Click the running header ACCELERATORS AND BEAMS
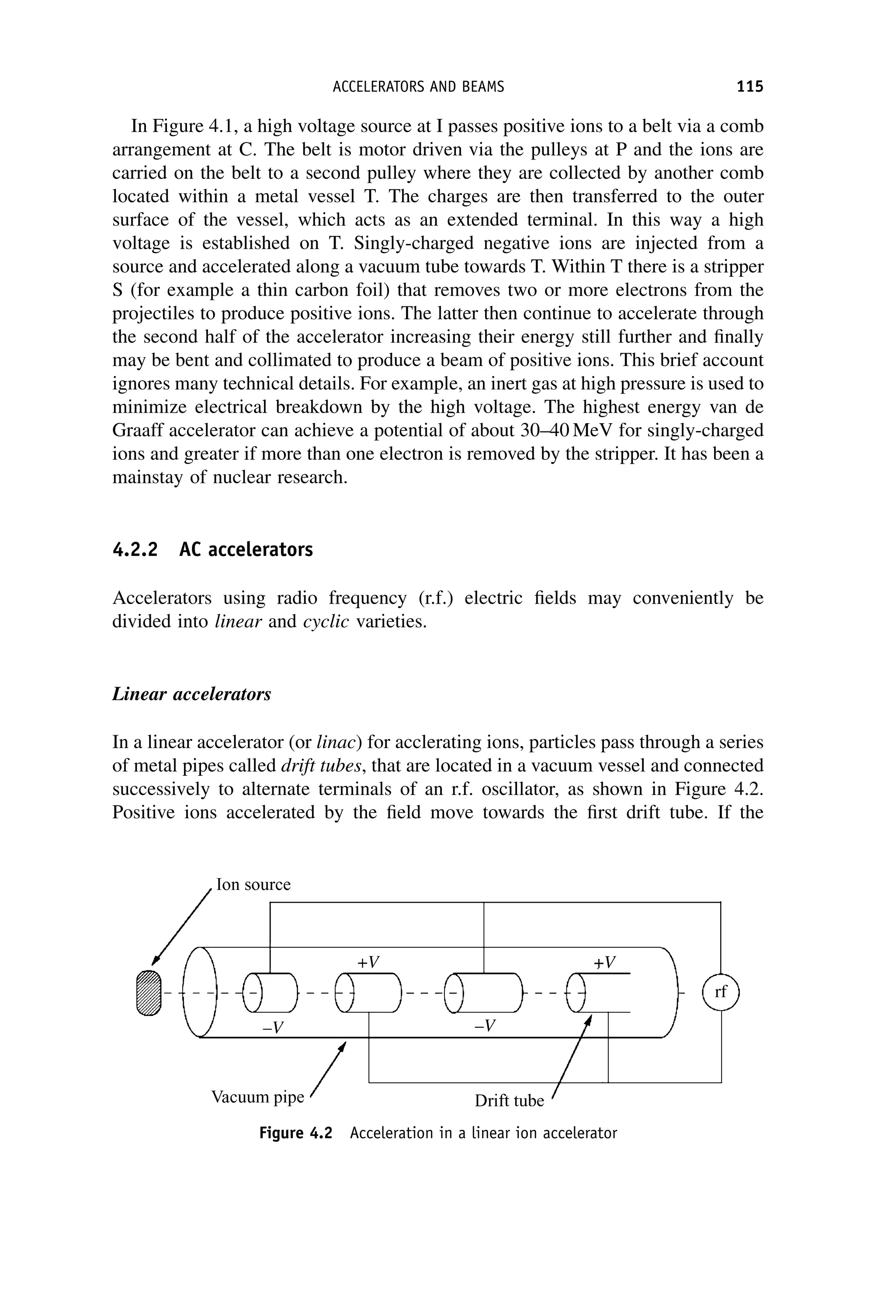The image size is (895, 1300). coord(418,87)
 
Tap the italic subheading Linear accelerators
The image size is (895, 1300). coord(192,694)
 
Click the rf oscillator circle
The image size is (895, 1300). coord(721,992)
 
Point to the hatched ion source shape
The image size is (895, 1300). coord(149,993)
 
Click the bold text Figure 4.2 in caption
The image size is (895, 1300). coord(295,1133)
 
